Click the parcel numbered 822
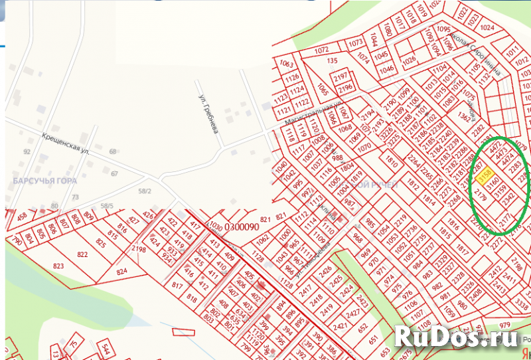point(82,254)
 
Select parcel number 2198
point(139,249)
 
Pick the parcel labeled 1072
point(322,50)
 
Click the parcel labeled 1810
point(392,162)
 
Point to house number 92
point(27,152)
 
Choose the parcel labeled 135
point(333,62)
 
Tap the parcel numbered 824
point(121,272)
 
